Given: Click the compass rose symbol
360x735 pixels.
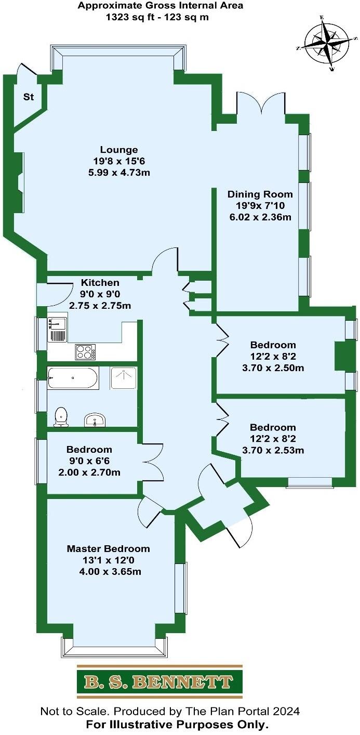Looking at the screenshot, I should tap(327, 44).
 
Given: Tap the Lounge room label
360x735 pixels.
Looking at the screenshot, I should tap(119, 151).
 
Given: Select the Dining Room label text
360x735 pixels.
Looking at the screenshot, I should tap(260, 194).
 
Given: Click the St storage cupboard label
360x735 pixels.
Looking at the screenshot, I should tap(28, 97).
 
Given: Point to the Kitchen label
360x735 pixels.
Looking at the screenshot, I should tap(100, 283).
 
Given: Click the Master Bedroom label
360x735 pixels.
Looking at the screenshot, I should tap(108, 549).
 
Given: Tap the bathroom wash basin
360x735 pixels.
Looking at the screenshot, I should tap(95, 419).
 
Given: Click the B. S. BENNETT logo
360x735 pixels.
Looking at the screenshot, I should tap(159, 681).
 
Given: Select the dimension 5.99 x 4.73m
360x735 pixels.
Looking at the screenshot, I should tap(119, 173).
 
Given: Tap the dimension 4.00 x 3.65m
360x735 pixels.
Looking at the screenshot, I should tap(108, 572).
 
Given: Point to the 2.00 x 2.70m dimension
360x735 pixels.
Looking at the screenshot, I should tap(89, 472).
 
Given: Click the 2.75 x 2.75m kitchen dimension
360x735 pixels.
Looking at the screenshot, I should tap(100, 306).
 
